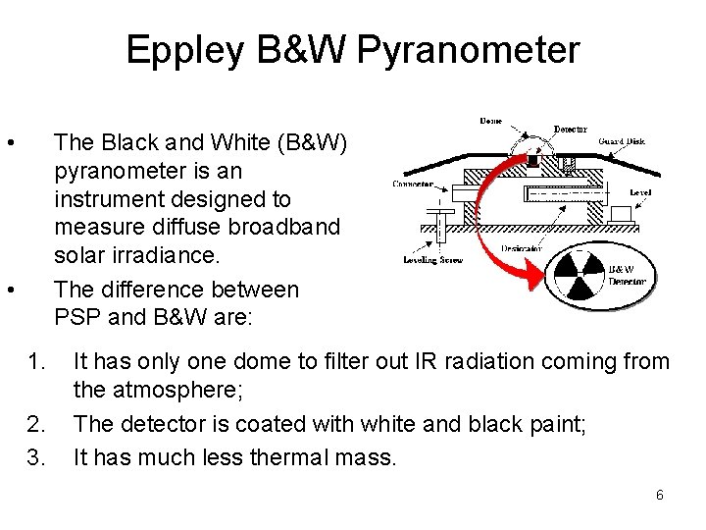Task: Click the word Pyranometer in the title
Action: [x=469, y=50]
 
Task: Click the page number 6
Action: [x=660, y=495]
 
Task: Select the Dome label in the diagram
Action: [x=491, y=122]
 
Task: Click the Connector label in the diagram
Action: [x=415, y=183]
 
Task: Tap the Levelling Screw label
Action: [x=431, y=260]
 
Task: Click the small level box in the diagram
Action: [x=621, y=213]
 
